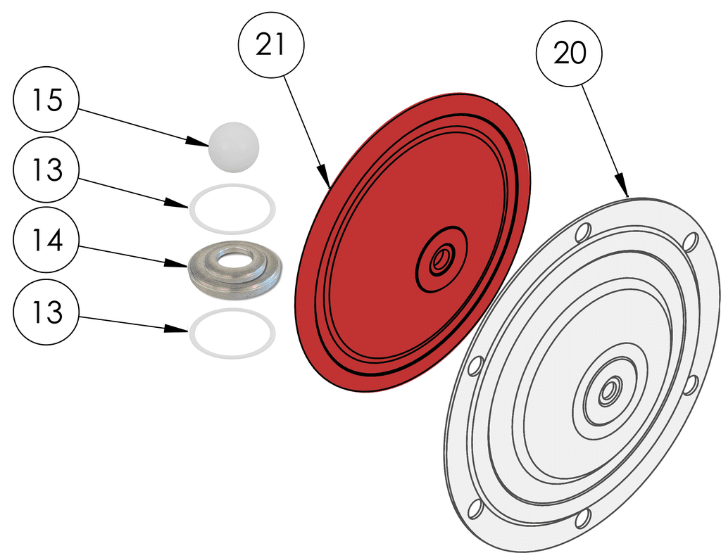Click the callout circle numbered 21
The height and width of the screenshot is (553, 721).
pyautogui.click(x=271, y=44)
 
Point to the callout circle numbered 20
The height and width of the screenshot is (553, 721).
pyautogui.click(x=570, y=53)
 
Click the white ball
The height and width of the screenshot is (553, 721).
pyautogui.click(x=234, y=147)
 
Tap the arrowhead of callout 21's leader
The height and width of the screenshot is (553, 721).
pyautogui.click(x=326, y=182)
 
